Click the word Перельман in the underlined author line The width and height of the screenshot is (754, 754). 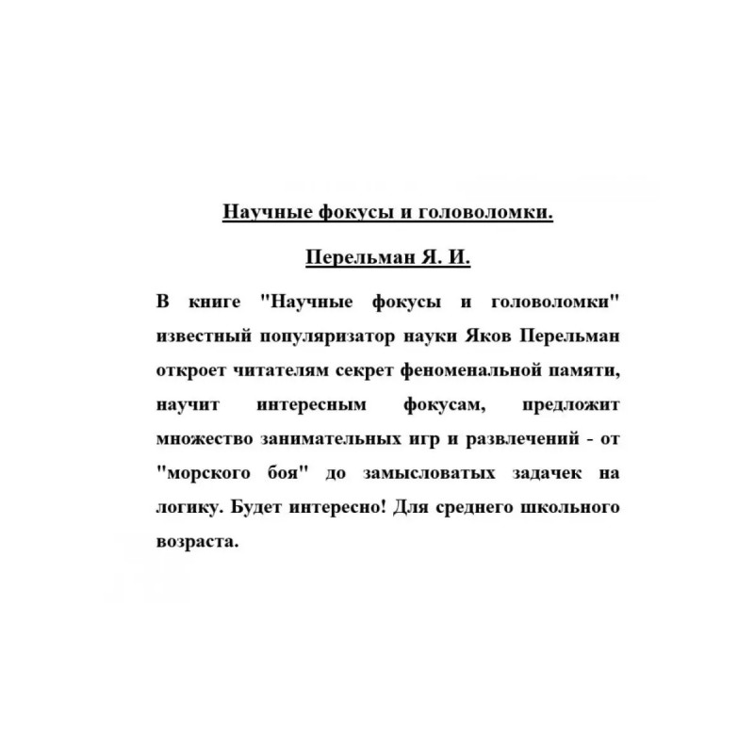pos(352,257)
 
